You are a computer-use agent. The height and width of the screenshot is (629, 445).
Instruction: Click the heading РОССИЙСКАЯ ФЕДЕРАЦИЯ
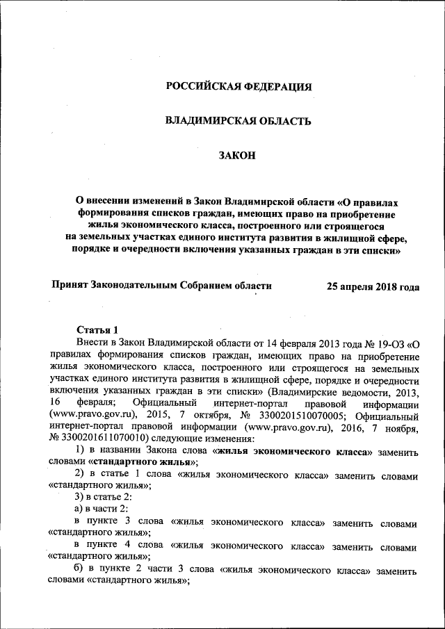click(238, 87)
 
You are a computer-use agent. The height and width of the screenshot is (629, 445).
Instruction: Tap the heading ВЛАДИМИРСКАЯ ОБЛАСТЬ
click(238, 121)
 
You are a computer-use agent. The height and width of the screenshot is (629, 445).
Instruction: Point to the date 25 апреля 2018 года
click(373, 286)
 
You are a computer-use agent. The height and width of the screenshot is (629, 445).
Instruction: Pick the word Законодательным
click(137, 286)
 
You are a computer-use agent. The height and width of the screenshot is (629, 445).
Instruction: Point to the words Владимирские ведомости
click(326, 391)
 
